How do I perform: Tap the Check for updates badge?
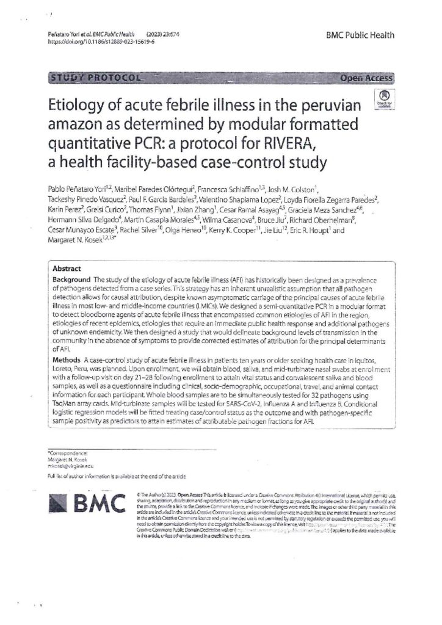[384, 98]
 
